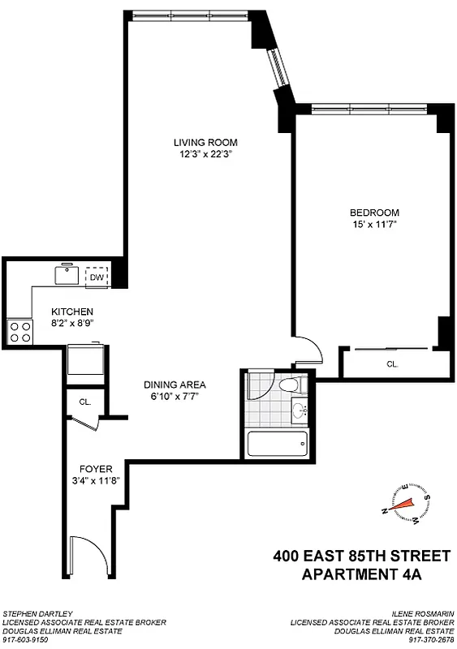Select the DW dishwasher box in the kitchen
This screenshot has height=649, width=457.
(97, 277)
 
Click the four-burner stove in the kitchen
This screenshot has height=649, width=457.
(19, 330)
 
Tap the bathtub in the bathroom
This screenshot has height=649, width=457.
(277, 444)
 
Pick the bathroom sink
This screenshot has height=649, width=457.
(300, 410)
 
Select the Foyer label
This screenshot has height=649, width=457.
(95, 469)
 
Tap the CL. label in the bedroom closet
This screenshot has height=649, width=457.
(391, 365)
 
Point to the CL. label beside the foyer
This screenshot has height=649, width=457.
(84, 401)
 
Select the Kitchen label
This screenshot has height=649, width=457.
(72, 311)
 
